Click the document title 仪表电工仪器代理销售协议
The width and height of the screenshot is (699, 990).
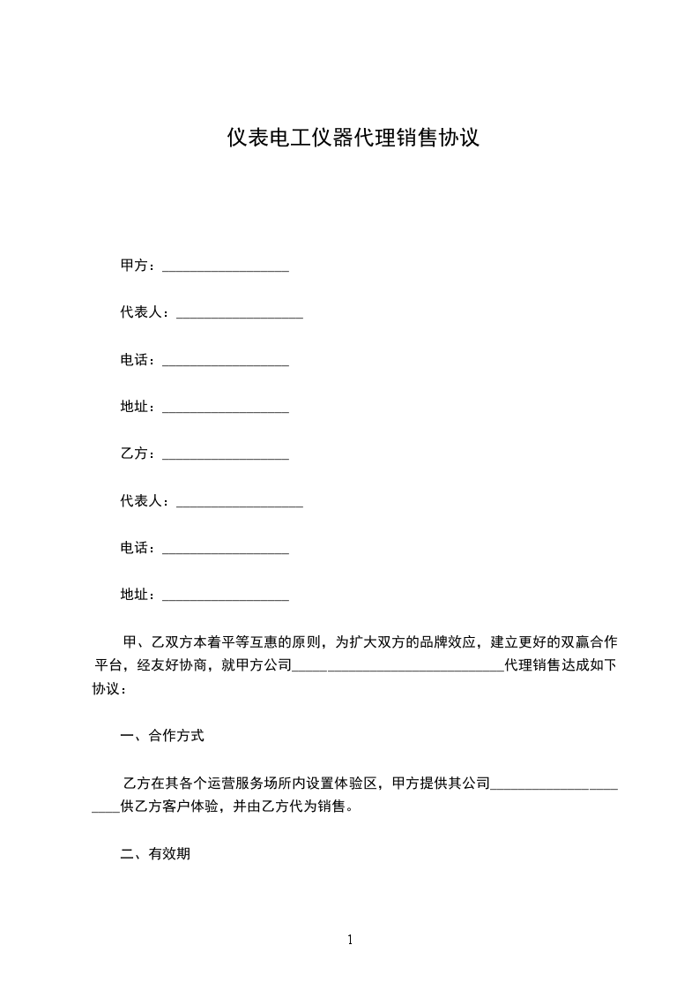353,138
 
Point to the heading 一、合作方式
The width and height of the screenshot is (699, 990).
162,735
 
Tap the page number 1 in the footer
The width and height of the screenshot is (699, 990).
350,940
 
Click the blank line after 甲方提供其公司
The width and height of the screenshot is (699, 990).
554,785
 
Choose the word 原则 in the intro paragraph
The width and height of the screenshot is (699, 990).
306,641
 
